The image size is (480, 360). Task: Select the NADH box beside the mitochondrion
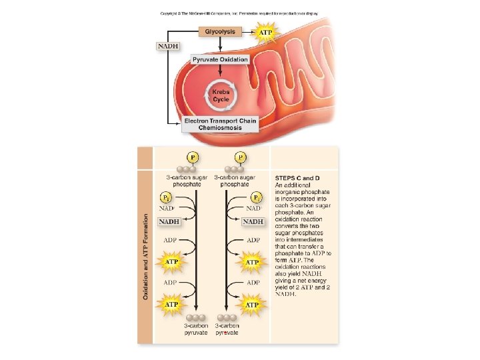tap(167, 45)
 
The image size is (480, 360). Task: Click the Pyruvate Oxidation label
tap(220, 59)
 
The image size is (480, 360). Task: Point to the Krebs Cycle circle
tap(221, 95)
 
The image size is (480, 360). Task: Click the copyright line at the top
tap(239, 13)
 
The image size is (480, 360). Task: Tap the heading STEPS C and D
tap(298, 178)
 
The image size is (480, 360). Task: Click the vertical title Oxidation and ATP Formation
tap(145, 256)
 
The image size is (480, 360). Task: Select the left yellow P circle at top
tap(193, 157)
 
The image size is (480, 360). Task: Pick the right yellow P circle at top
tap(240, 157)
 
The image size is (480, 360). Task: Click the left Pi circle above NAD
tap(167, 198)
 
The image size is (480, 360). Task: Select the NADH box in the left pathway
tap(170, 221)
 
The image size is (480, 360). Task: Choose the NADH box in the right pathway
tap(254, 221)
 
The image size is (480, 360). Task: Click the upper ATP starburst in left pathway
tap(171, 262)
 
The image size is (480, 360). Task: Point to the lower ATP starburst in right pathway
tap(252, 305)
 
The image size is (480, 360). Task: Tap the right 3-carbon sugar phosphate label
tap(235, 181)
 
